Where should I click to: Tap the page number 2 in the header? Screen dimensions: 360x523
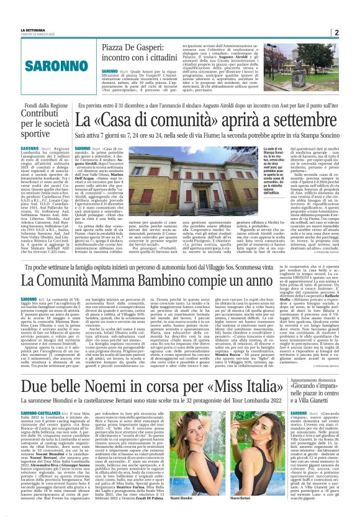tap(353, 32)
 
